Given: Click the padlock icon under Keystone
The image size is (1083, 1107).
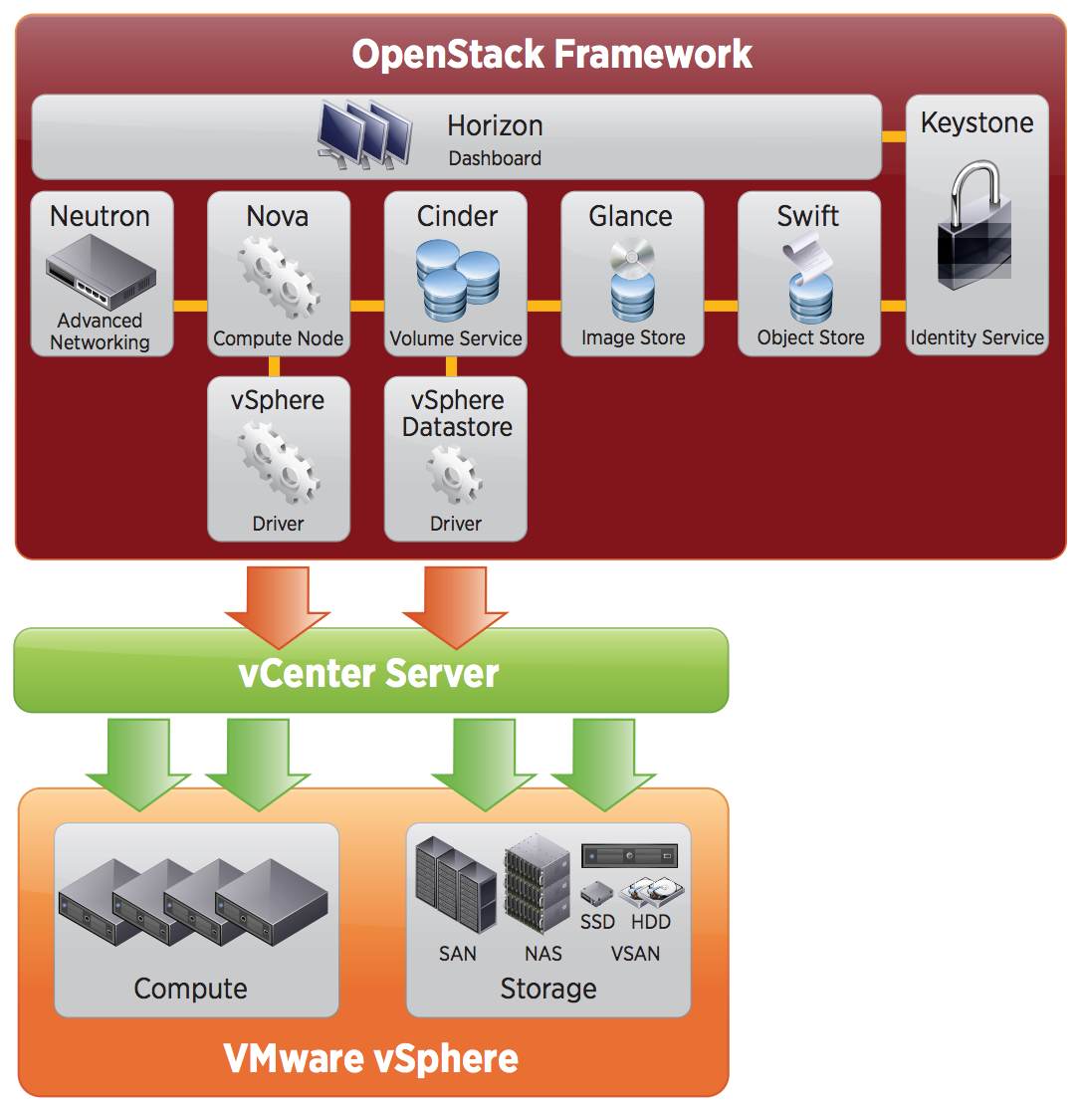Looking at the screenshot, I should click(976, 230).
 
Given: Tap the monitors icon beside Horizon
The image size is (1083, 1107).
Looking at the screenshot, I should click(363, 133).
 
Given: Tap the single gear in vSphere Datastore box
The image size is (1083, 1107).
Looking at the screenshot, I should click(455, 476).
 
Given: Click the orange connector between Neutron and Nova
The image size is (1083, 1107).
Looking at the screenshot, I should click(190, 306).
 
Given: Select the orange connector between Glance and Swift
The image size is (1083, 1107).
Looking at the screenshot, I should click(721, 306).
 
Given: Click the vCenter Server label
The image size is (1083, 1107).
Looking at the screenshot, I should click(368, 673).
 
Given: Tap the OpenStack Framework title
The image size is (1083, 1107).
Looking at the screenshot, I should click(551, 54).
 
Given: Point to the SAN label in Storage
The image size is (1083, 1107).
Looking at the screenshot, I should click(458, 954).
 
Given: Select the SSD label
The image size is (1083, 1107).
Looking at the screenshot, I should click(597, 922).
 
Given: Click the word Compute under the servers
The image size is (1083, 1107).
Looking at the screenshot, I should click(190, 989).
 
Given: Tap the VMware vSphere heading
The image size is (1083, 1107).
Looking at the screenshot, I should click(370, 1058).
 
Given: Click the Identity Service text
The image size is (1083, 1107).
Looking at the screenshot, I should click(976, 338).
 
